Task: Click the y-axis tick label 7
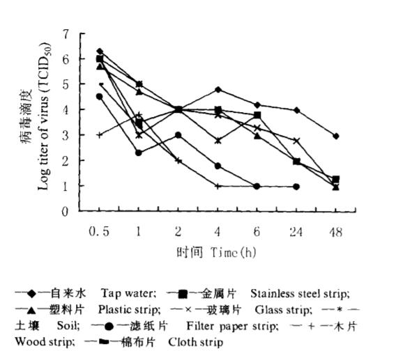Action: point(66,34)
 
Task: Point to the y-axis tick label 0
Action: point(66,212)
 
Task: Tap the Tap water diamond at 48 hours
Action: point(336,136)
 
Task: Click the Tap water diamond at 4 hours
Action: point(218,90)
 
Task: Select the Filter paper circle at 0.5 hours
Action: point(100,97)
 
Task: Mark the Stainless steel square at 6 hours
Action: point(257,115)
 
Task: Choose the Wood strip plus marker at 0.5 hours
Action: point(100,135)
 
